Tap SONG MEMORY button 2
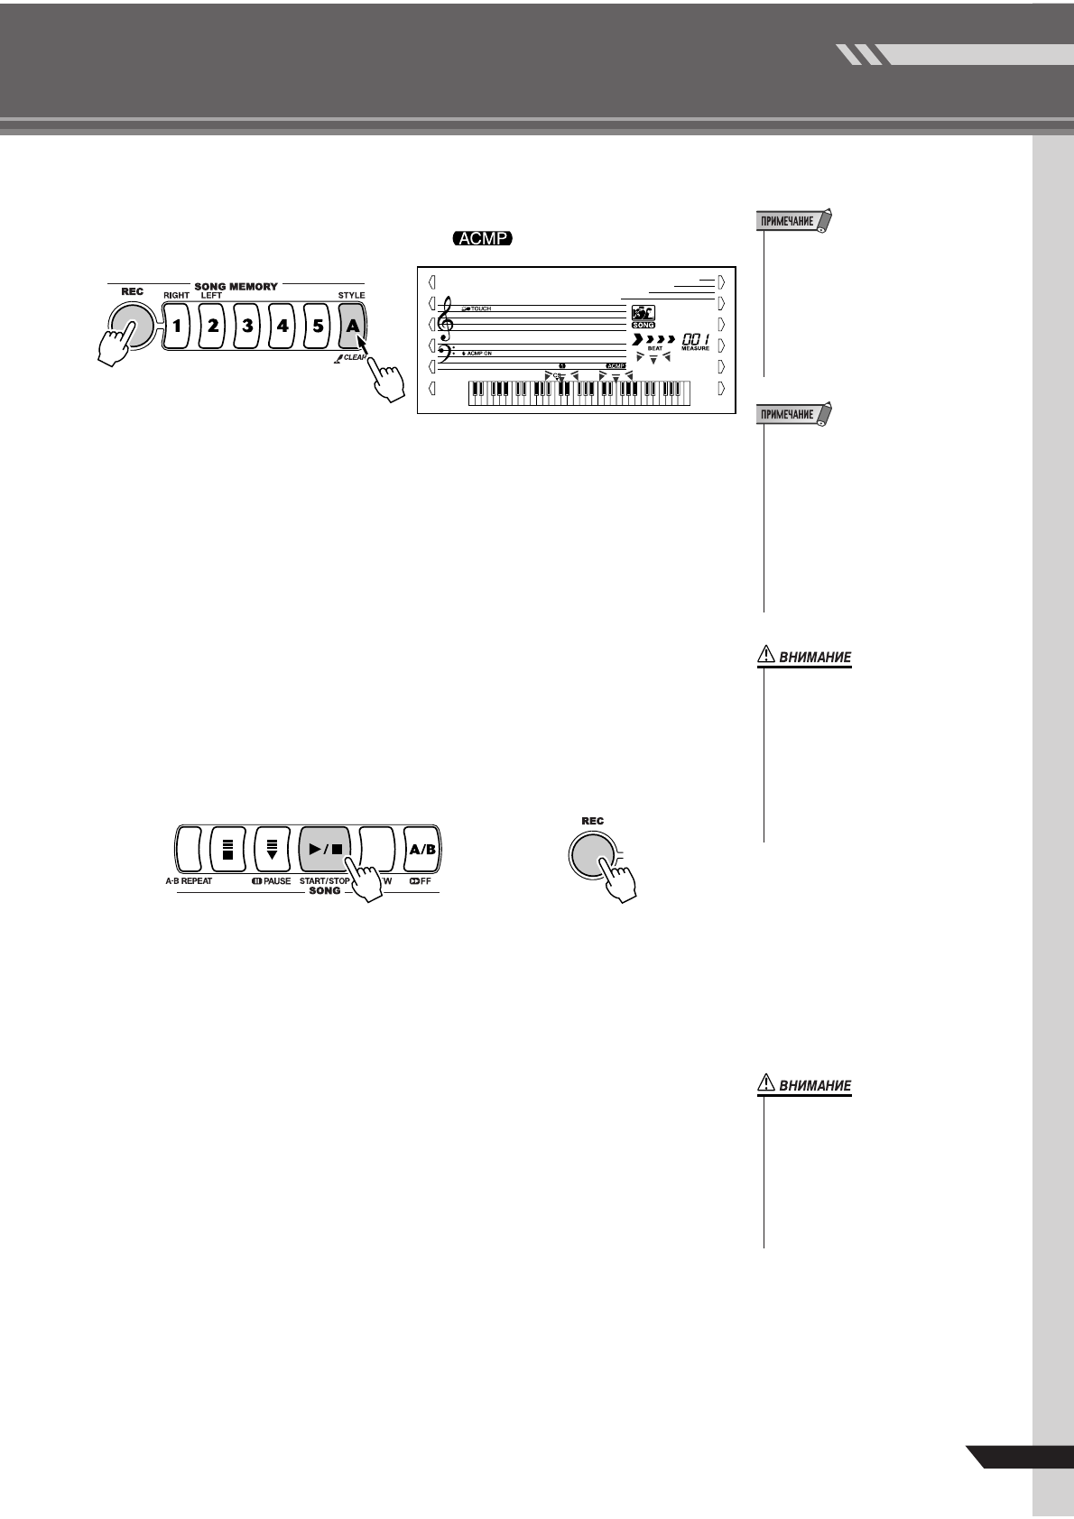point(212,326)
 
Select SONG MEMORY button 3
point(247,326)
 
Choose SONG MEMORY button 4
point(282,326)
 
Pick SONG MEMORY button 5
point(318,326)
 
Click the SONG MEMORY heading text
point(236,286)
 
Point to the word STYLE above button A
point(351,296)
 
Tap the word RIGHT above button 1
point(177,296)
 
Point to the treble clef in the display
point(444,320)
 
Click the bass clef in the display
point(445,353)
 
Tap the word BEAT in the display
point(655,348)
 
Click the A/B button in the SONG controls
point(422,850)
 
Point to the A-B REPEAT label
point(189,880)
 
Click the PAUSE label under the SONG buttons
point(272,880)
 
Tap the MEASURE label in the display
point(695,348)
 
